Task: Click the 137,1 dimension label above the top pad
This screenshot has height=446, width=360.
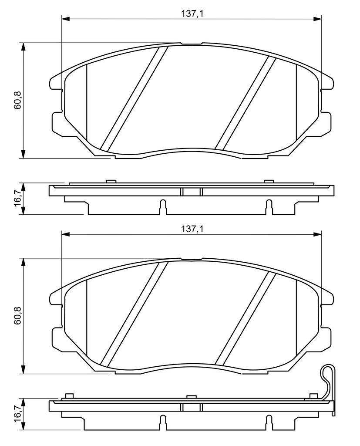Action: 192,13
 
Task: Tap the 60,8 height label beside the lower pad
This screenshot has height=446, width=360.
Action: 18,316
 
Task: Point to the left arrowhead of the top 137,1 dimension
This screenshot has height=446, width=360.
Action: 65,19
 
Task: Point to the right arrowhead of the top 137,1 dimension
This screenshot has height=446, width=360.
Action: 318,19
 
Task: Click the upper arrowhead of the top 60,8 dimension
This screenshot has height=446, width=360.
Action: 24,47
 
